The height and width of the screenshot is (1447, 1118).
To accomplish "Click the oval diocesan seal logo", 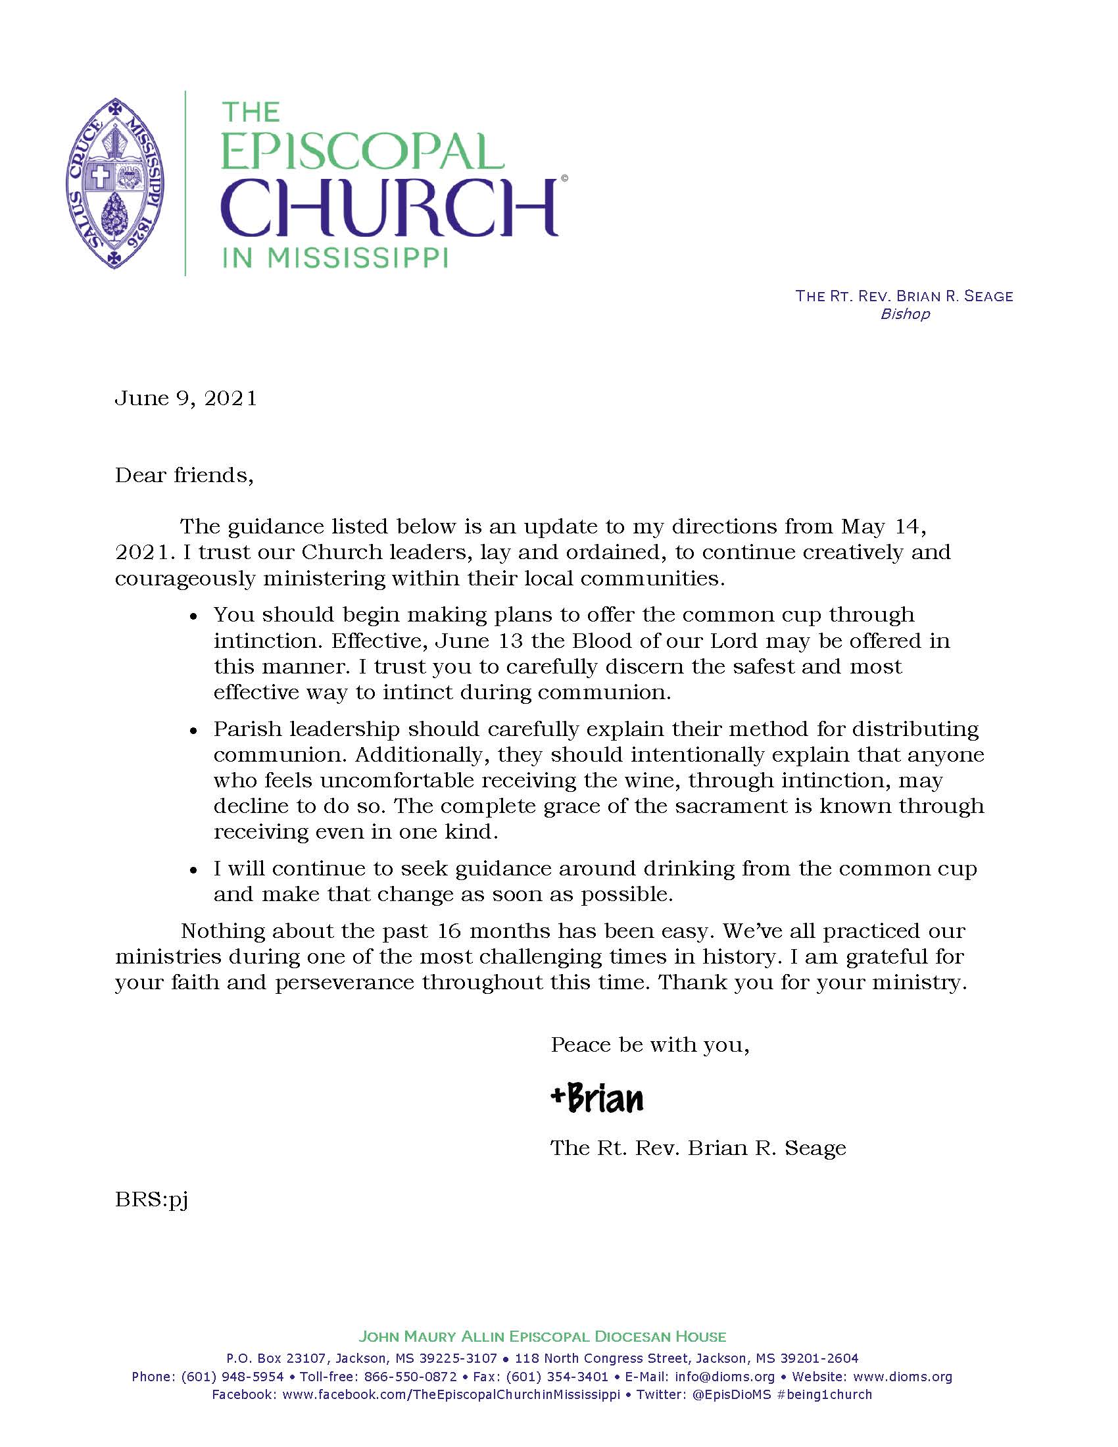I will (115, 183).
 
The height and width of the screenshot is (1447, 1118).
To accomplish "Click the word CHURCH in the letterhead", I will (389, 207).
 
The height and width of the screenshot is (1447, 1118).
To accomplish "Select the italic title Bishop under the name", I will (905, 314).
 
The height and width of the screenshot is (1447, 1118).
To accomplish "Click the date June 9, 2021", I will (186, 398).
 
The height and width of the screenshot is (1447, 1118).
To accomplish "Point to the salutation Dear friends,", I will (184, 476).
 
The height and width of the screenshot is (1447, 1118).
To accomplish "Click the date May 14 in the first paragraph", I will (882, 527).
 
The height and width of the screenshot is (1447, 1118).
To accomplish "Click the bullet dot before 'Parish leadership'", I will (193, 731).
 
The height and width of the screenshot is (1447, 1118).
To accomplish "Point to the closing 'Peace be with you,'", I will (650, 1045).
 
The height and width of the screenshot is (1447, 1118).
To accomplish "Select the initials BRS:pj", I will (152, 1200).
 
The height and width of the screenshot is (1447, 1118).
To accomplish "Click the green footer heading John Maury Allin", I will (542, 1337).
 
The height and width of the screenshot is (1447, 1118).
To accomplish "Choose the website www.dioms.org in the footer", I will (912, 1377).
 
